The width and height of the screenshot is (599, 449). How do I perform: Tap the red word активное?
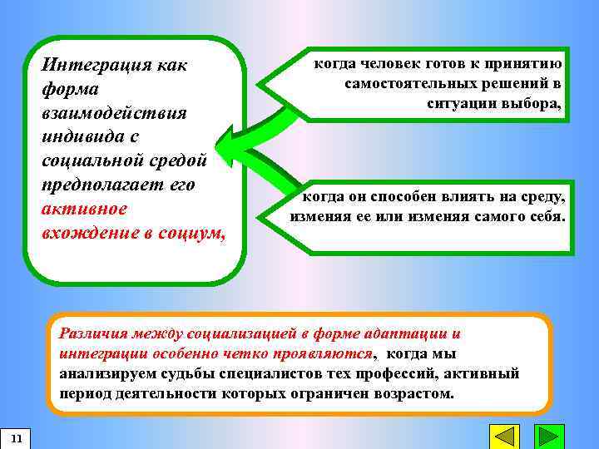click(x=84, y=208)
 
